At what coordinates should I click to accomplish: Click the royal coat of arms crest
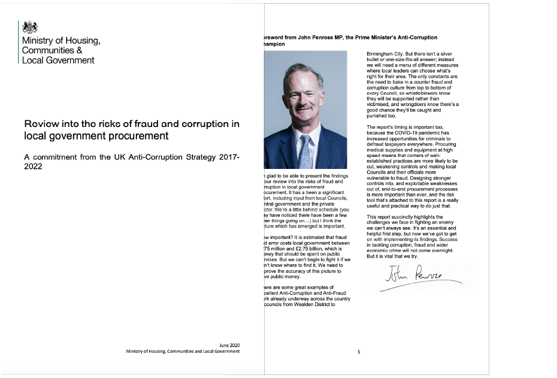[x=30, y=27]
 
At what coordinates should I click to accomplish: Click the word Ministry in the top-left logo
[x=38, y=41]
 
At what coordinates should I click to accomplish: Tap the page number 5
[x=359, y=352]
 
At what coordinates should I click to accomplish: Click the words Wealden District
[x=317, y=304]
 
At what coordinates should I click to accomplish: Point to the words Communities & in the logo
[x=52, y=50]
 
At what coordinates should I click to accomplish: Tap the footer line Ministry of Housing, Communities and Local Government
[x=183, y=352]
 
